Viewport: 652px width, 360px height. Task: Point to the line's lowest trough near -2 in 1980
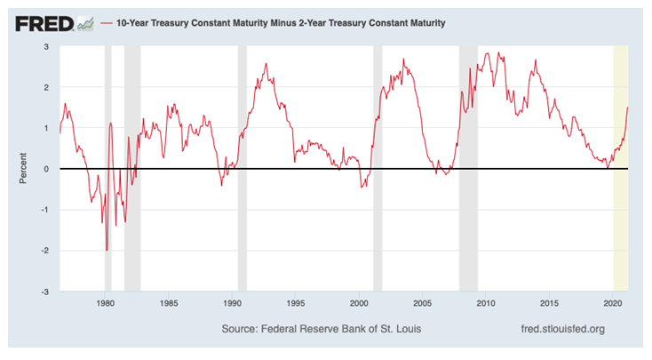click(x=107, y=250)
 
